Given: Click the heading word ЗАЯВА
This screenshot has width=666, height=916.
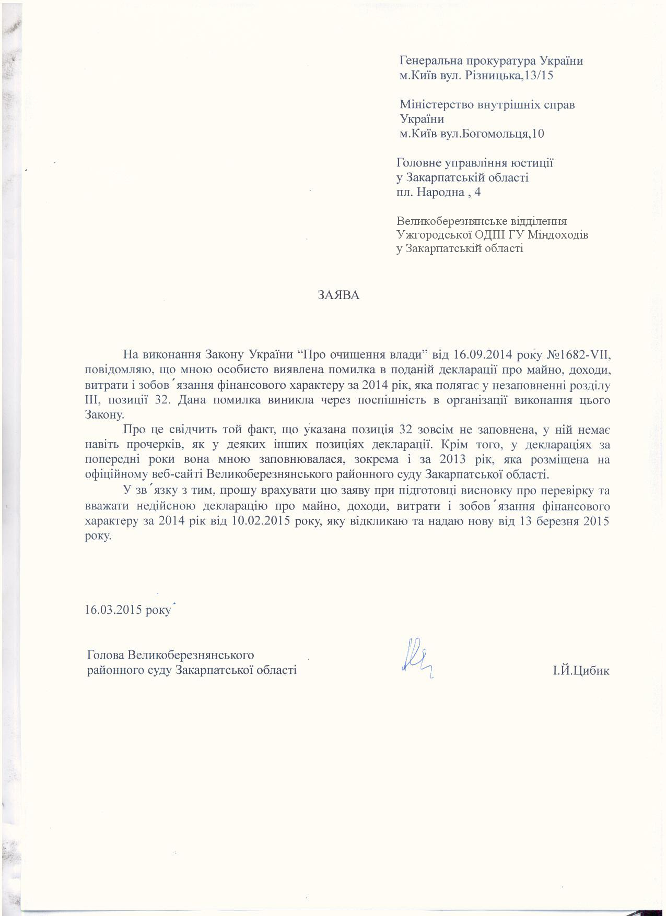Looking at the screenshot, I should coord(339,295).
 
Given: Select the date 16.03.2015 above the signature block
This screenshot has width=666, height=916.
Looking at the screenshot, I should coord(115,610).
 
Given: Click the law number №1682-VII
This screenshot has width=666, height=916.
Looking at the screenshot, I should coord(578,355).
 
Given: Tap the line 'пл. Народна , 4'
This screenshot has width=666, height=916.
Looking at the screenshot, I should coord(439,192).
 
